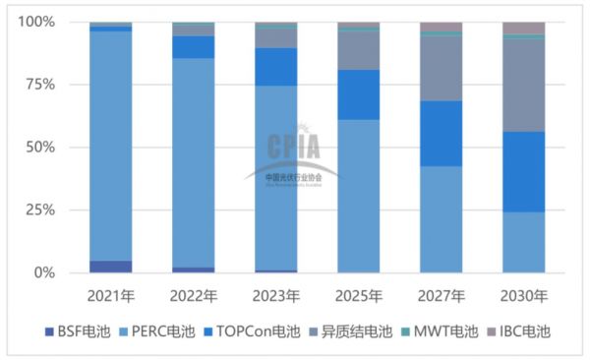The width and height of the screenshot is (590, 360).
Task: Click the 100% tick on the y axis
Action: (x=37, y=22)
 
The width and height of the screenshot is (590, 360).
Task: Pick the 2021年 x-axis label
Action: (x=110, y=294)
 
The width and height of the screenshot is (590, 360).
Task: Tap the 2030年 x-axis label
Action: (x=523, y=294)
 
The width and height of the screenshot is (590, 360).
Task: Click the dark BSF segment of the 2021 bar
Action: (x=110, y=267)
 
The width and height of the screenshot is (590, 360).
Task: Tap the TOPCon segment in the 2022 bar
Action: (x=193, y=47)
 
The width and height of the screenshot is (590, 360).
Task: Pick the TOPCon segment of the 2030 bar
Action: (x=523, y=172)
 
